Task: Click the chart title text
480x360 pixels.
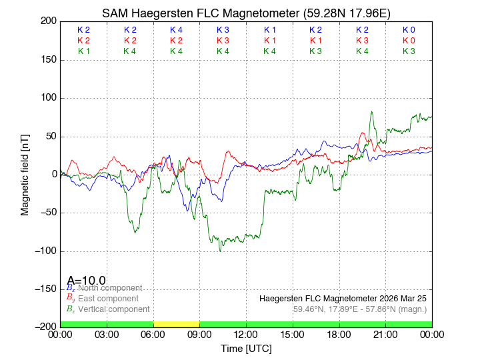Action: (x=246, y=13)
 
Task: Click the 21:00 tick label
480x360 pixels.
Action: (x=385, y=334)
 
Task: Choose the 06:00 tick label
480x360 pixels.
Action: (x=153, y=334)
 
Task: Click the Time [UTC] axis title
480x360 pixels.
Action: (x=246, y=348)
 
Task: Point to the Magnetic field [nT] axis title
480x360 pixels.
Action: (x=25, y=174)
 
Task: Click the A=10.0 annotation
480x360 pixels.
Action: (x=87, y=281)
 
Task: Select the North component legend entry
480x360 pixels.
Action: (x=107, y=287)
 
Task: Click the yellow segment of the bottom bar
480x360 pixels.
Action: (x=176, y=324)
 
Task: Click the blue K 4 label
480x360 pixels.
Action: (x=176, y=30)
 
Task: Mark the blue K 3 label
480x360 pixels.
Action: (x=223, y=30)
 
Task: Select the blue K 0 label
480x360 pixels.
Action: (x=409, y=30)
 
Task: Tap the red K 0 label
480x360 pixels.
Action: (x=409, y=41)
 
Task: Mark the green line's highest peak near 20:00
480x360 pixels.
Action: (x=371, y=112)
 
